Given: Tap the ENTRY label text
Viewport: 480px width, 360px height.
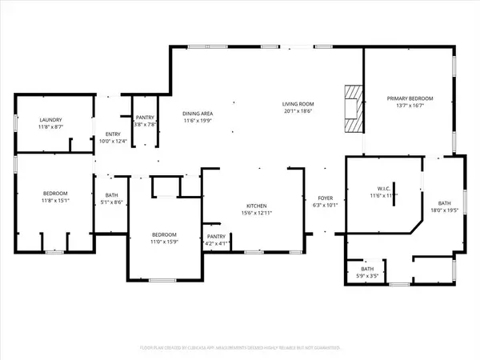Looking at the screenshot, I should coord(105,134).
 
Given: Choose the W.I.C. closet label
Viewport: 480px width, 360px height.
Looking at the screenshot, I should coord(379,189).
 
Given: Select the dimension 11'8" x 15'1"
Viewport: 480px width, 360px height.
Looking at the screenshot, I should coord(55,201).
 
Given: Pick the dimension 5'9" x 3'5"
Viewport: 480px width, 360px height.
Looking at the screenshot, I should coord(367,276).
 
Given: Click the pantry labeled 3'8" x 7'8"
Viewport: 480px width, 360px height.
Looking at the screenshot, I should coord(145,124).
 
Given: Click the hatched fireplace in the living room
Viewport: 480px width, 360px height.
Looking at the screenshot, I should coord(351,109).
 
